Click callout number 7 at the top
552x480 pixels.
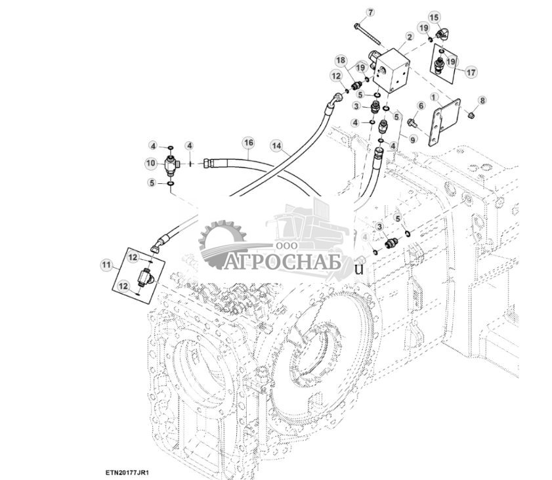pos(370,12)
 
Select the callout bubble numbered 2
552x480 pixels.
pos(409,37)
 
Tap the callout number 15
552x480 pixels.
pos(434,17)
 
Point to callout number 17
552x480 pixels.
pos(471,72)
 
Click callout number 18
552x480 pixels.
pos(341,60)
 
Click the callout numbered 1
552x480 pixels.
pos(434,97)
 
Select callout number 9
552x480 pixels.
pos(413,139)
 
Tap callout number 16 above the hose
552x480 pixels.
pos(249,142)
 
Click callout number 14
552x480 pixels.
pos(277,146)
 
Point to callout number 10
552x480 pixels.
pos(151,163)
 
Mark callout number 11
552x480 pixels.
pos(106,264)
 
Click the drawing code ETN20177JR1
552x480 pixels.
pos(127,472)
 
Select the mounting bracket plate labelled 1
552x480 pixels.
pos(444,121)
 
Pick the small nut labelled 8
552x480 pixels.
pos(471,115)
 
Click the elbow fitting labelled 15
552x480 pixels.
pos(442,35)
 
